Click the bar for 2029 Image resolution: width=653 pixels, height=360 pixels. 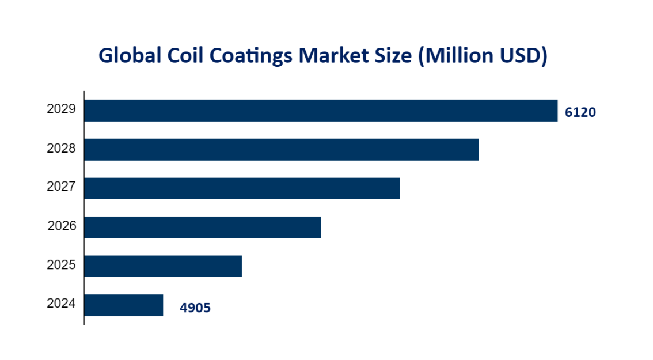[321, 111]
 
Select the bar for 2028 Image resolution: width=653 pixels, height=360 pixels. [281, 150]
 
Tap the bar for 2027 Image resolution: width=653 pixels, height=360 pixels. [242, 188]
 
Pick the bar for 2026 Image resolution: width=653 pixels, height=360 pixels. [202, 228]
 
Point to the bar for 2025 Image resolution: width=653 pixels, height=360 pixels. [163, 266]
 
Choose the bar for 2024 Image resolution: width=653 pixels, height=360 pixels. [124, 305]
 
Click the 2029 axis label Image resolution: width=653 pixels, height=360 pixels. [61, 109]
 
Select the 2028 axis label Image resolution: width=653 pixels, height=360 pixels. [61, 149]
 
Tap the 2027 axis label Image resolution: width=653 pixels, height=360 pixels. [61, 187]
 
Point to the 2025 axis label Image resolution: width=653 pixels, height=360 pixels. [61, 265]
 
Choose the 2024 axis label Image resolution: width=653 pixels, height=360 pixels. [61, 303]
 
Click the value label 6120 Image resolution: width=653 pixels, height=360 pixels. [580, 113]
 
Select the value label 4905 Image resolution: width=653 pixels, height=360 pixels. [195, 308]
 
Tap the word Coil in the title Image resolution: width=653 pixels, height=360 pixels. [182, 55]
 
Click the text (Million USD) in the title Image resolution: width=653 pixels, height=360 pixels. [482, 56]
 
